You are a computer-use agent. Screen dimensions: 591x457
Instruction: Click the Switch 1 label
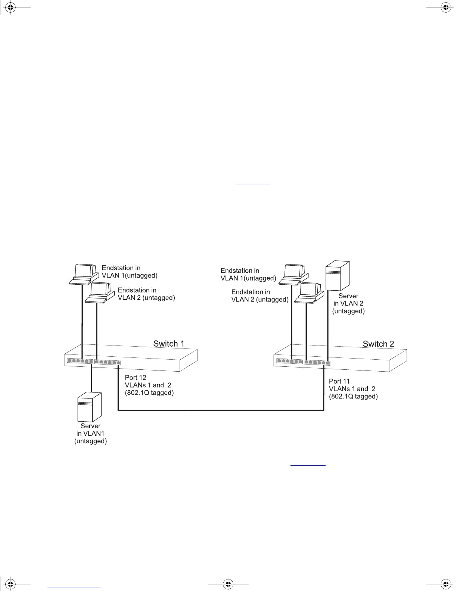(169, 344)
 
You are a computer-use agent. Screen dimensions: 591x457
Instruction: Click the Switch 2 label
(378, 344)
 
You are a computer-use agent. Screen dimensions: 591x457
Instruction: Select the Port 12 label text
(136, 378)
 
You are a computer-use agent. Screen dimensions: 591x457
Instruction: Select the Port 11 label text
(339, 381)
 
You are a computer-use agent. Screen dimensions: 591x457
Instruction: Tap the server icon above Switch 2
(338, 276)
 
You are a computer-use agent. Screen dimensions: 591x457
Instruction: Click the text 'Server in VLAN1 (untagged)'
(91, 434)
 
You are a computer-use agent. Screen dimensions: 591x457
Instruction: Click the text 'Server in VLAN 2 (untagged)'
(348, 303)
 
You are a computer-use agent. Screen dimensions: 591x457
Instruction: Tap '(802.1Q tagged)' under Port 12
(149, 393)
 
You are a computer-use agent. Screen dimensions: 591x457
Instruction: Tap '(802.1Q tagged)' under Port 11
(353, 396)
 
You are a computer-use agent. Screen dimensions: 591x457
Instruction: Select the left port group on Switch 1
(80, 361)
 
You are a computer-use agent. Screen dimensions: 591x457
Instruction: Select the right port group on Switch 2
(317, 362)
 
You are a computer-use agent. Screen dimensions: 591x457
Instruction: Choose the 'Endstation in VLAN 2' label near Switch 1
(146, 294)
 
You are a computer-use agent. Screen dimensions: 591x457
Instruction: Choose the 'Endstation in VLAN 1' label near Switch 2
(248, 274)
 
